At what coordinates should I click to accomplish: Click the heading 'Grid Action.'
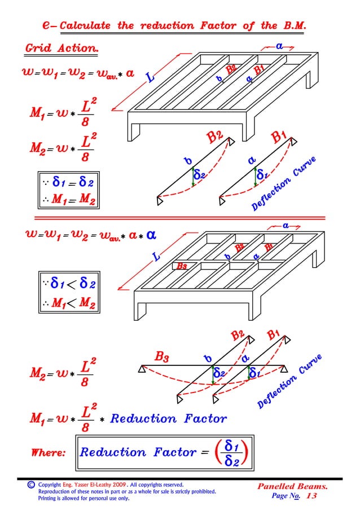tap(62, 48)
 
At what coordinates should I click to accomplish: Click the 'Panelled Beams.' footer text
tap(292, 486)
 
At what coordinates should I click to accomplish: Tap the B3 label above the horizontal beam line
tap(162, 356)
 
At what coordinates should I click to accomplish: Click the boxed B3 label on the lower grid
tap(182, 266)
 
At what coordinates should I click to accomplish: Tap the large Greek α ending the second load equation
tap(151, 234)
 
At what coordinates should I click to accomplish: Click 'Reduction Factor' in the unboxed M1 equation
tap(168, 419)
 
